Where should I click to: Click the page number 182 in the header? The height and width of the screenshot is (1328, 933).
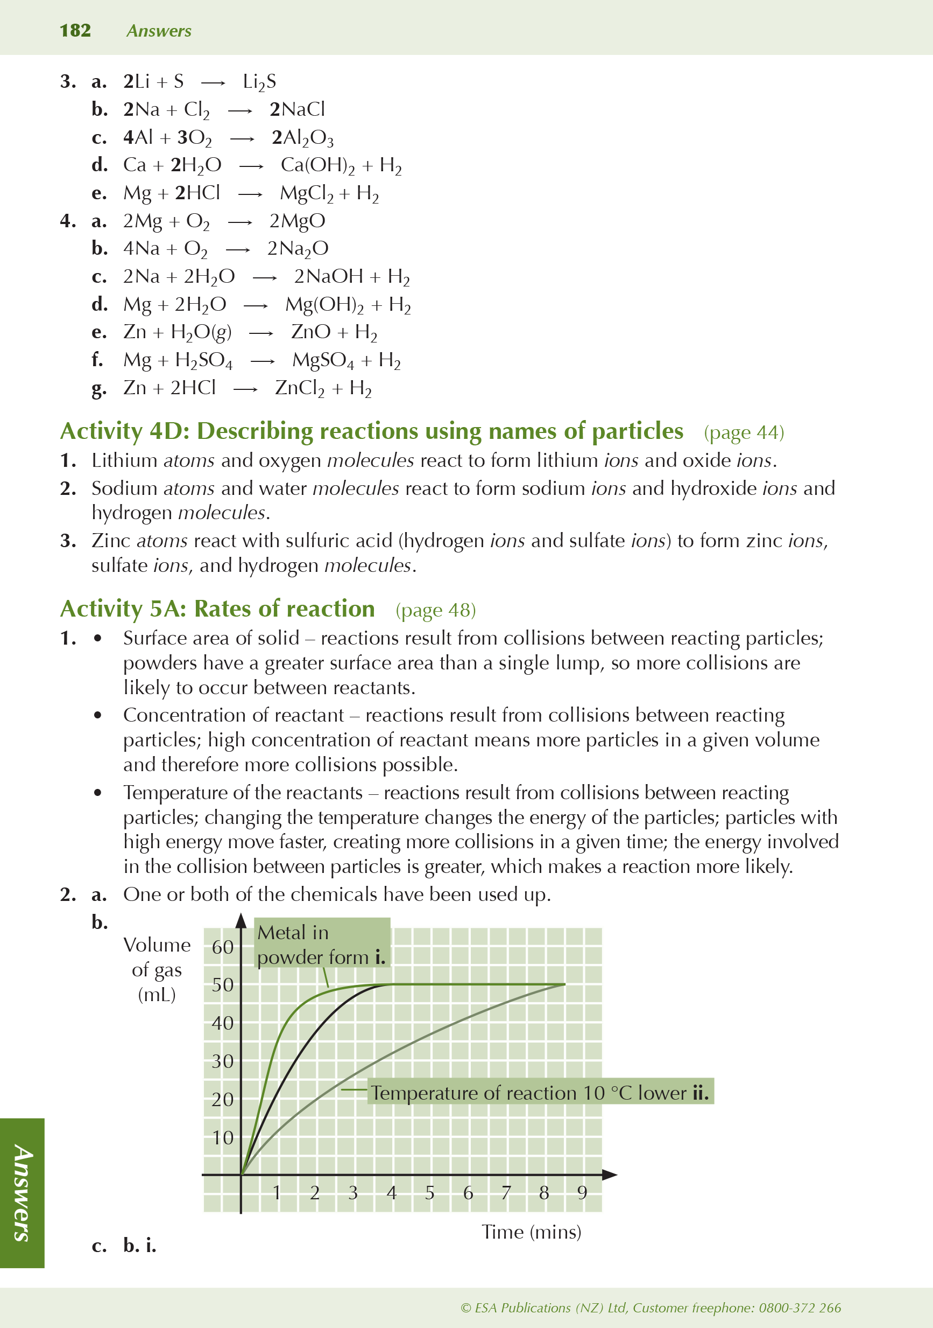tap(75, 31)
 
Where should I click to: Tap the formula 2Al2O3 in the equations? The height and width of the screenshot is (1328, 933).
tap(302, 138)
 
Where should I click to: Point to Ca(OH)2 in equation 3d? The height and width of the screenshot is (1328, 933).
tap(317, 166)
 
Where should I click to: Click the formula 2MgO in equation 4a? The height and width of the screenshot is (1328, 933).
tap(297, 221)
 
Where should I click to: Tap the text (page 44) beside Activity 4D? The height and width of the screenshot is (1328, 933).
tap(744, 432)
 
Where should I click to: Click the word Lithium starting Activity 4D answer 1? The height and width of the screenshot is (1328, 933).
tap(124, 460)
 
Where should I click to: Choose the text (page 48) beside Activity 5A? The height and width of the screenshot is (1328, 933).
tap(435, 610)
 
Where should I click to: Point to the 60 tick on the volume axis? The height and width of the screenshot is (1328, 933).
tap(223, 947)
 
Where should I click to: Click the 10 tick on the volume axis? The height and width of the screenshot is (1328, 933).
tap(223, 1138)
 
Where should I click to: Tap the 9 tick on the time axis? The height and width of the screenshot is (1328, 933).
tap(582, 1192)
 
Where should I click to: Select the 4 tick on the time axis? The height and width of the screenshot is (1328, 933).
tap(391, 1192)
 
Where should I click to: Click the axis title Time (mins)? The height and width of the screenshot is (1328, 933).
tap(531, 1232)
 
